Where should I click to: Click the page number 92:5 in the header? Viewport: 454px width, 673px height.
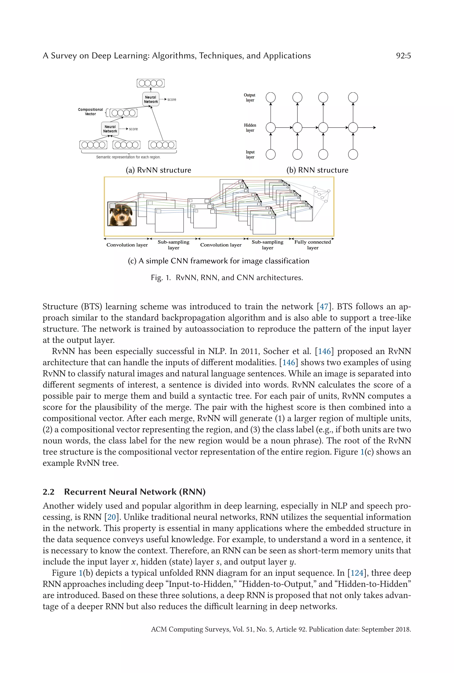(403, 56)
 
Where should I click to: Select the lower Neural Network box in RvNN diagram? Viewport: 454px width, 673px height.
(110, 129)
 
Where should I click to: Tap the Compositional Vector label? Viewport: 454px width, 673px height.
(90, 112)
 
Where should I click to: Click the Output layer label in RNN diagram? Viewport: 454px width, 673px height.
(249, 98)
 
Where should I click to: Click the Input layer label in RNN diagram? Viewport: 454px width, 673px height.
(250, 155)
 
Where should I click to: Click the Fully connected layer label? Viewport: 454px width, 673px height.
(313, 245)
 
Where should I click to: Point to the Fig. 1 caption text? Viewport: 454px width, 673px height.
(227, 277)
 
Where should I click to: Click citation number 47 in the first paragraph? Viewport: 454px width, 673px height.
(324, 307)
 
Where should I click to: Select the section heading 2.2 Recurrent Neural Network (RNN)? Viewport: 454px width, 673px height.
(124, 492)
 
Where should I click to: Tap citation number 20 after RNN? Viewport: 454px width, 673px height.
(112, 517)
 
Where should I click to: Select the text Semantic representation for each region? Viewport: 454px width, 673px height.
(128, 157)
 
